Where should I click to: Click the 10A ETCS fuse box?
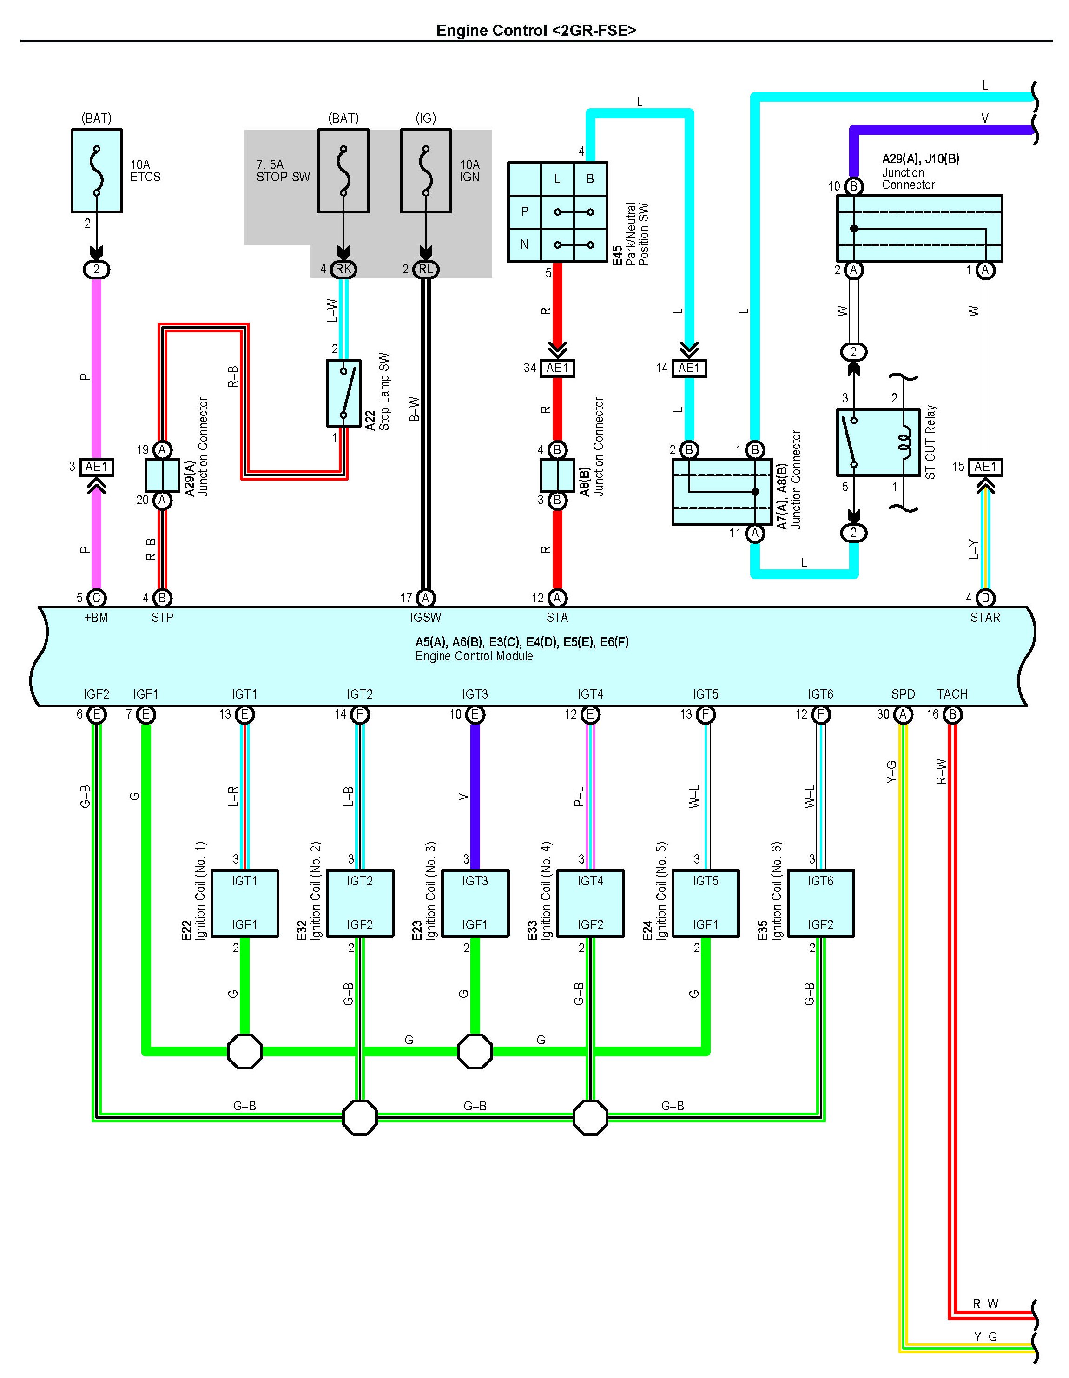97,171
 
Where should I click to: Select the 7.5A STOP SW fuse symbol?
343,171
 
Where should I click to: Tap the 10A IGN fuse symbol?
426,171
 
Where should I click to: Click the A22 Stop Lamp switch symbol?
343,393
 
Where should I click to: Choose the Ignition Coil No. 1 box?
244,903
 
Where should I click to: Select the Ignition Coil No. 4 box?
590,903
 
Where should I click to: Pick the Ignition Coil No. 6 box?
820,903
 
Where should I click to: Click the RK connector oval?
343,270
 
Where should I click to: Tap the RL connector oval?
426,270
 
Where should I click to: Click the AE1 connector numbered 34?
557,368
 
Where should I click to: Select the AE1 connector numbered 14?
689,368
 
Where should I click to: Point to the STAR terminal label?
984,618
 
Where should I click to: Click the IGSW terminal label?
426,618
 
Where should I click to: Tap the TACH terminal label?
951,694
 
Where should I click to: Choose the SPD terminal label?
903,694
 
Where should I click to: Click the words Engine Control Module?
474,656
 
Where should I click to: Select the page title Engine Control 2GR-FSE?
536,30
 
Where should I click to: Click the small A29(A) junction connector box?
162,475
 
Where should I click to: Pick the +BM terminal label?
96,618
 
